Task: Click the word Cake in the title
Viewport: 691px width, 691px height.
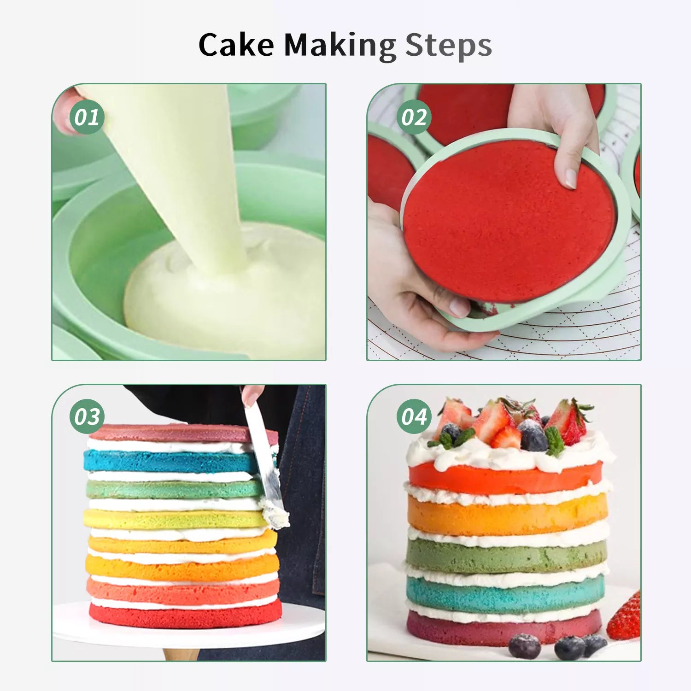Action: point(236,45)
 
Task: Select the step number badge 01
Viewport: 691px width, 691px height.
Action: point(87,117)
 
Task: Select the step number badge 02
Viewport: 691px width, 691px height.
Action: point(414,117)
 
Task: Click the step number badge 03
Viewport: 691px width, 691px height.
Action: point(87,416)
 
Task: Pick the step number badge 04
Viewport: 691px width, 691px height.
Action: point(414,416)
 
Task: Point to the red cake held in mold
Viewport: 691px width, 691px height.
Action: point(509,221)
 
